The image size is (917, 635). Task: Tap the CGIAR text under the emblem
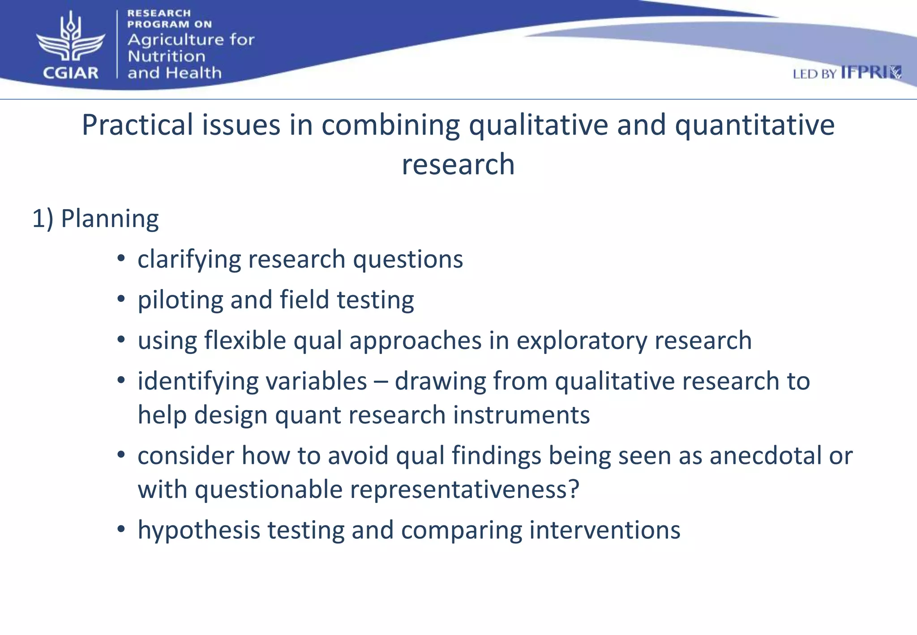(x=71, y=73)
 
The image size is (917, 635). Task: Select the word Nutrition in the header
(x=167, y=56)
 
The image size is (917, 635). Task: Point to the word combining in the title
(x=390, y=126)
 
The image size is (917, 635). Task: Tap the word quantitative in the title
(x=754, y=125)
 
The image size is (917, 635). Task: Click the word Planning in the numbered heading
(x=110, y=219)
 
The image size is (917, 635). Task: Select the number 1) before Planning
(x=43, y=219)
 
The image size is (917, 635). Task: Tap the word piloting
(x=180, y=300)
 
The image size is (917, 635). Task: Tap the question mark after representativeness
(x=574, y=489)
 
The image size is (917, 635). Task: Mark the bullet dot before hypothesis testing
(x=121, y=530)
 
